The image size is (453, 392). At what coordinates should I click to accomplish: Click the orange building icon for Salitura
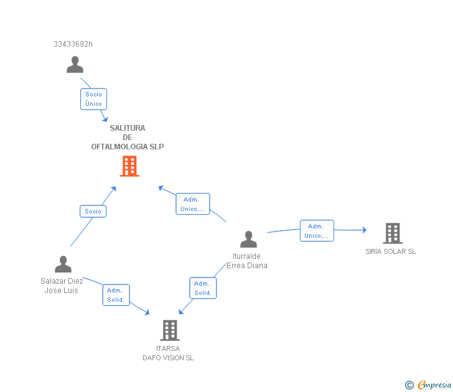(129, 166)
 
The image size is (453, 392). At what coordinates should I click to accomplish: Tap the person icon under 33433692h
(75, 65)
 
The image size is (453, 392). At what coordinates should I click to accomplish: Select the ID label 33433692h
(73, 44)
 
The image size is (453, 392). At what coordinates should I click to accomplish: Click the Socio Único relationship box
(93, 99)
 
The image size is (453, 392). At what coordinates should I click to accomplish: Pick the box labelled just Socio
(93, 211)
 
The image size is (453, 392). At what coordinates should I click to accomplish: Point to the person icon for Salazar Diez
(63, 264)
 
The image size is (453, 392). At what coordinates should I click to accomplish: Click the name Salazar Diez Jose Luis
(62, 286)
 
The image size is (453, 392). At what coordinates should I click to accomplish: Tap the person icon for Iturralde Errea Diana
(248, 239)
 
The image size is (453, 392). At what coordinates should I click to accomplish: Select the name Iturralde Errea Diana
(246, 261)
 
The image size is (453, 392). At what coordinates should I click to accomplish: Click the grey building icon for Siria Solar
(393, 233)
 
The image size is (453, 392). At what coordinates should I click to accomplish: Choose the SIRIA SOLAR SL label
(391, 251)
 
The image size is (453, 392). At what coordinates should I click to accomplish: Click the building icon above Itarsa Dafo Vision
(170, 330)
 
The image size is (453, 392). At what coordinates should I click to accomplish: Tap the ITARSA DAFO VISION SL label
(168, 353)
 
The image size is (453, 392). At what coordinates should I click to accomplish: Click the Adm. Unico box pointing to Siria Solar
(317, 230)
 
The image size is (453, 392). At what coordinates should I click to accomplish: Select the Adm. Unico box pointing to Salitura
(193, 203)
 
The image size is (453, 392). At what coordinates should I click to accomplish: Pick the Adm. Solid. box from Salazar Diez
(116, 295)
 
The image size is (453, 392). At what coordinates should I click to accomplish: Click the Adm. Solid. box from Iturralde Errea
(203, 288)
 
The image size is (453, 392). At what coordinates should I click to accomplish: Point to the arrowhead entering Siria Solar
(365, 230)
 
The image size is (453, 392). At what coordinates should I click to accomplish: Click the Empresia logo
(428, 385)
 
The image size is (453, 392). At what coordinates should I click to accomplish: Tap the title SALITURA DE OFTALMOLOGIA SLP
(128, 138)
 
